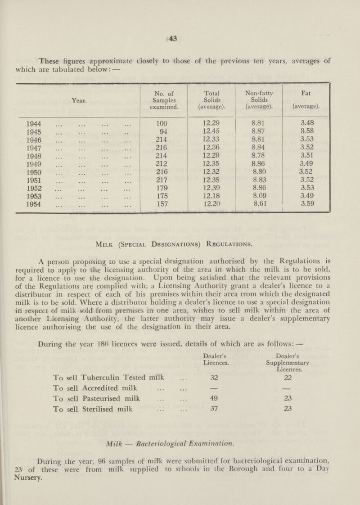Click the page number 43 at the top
click(180, 40)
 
